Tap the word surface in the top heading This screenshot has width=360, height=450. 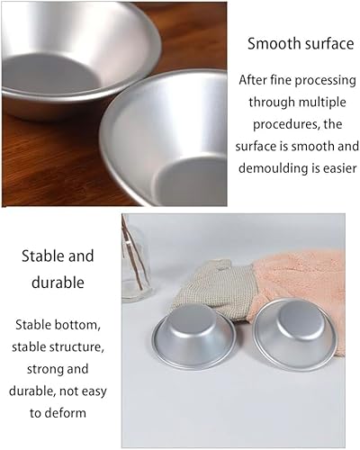329,43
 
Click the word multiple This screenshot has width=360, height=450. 322,103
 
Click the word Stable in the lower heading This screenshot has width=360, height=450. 42,256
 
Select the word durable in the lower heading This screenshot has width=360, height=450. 58,283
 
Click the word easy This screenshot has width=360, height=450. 93,391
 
